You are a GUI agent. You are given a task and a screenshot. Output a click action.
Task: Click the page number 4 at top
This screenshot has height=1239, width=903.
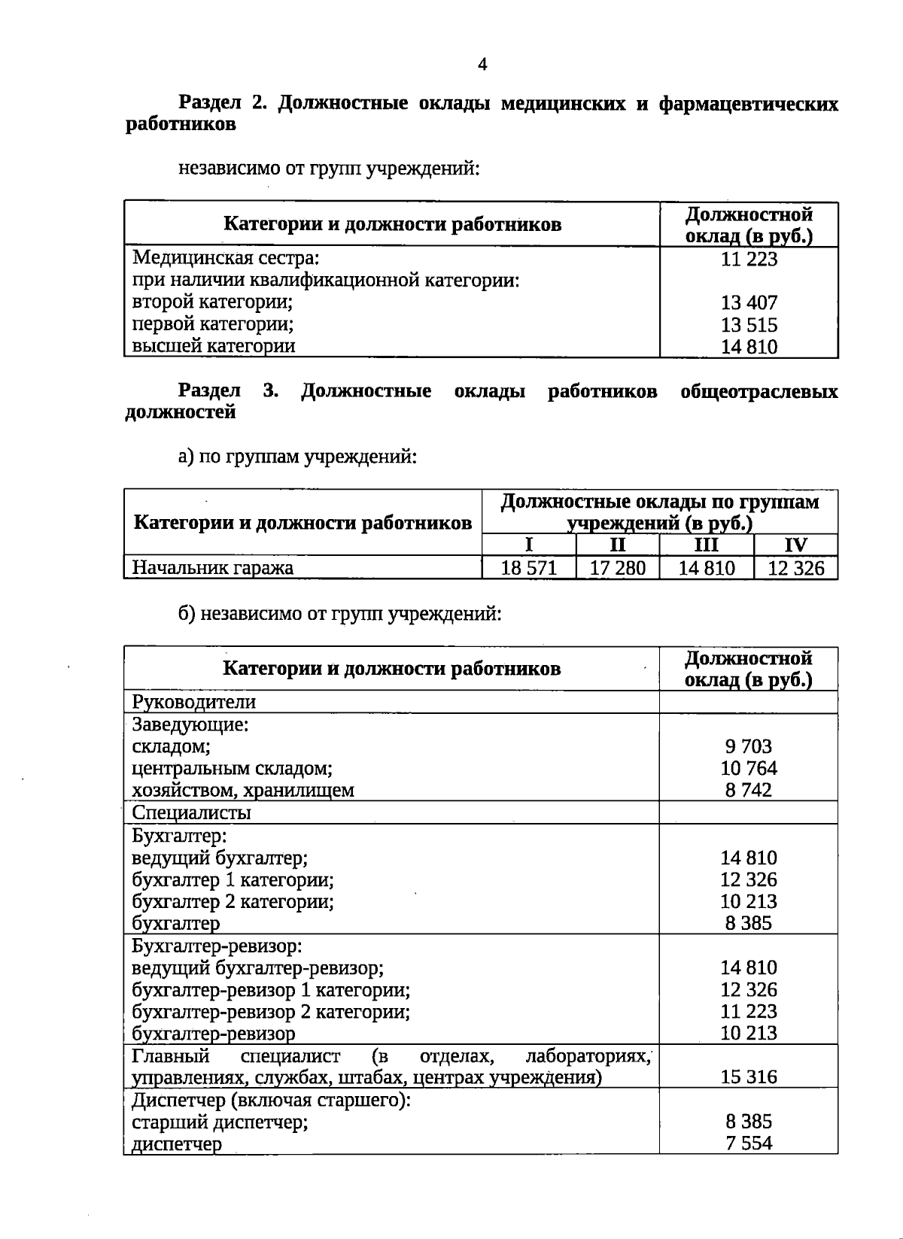click(x=482, y=65)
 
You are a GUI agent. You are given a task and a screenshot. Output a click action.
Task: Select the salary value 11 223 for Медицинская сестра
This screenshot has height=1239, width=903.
click(x=749, y=260)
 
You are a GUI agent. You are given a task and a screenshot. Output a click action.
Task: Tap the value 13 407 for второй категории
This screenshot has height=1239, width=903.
click(x=749, y=303)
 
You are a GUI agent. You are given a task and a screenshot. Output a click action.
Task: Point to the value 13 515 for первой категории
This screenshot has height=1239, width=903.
click(x=749, y=326)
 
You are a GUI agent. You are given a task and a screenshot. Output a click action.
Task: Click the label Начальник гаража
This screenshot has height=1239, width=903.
click(x=212, y=568)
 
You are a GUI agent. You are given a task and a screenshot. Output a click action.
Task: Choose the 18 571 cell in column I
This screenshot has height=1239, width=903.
click(x=528, y=568)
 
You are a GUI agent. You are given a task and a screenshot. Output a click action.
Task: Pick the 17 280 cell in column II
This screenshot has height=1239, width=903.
click(x=617, y=568)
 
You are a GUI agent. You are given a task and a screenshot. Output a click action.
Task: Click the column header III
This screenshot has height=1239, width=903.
click(x=706, y=545)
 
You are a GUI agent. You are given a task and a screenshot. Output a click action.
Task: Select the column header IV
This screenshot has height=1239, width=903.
click(x=795, y=545)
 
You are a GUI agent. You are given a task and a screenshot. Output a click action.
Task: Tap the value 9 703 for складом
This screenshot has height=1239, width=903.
click(x=749, y=746)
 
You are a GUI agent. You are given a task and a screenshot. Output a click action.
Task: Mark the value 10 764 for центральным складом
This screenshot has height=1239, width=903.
click(x=749, y=768)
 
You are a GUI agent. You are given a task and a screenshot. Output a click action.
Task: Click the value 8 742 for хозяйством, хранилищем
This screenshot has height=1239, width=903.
click(x=749, y=790)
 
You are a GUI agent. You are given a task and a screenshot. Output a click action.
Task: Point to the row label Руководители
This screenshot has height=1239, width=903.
click(x=193, y=702)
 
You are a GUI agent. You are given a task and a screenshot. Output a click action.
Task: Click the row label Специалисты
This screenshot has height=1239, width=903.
click(x=191, y=812)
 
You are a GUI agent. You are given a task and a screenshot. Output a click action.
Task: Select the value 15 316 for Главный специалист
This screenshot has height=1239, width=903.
click(x=749, y=1077)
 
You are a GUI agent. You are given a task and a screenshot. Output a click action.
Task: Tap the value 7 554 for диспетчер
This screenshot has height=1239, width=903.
click(x=749, y=1143)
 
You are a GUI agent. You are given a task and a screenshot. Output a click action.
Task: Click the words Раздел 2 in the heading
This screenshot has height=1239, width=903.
click(x=222, y=104)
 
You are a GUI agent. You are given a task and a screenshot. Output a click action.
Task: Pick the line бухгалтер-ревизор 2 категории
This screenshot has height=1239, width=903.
click(x=271, y=1012)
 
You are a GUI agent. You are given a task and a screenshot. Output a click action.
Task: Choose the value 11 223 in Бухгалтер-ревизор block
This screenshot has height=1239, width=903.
click(x=749, y=1012)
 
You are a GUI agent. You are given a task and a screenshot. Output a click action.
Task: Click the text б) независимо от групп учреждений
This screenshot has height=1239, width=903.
click(x=339, y=614)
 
